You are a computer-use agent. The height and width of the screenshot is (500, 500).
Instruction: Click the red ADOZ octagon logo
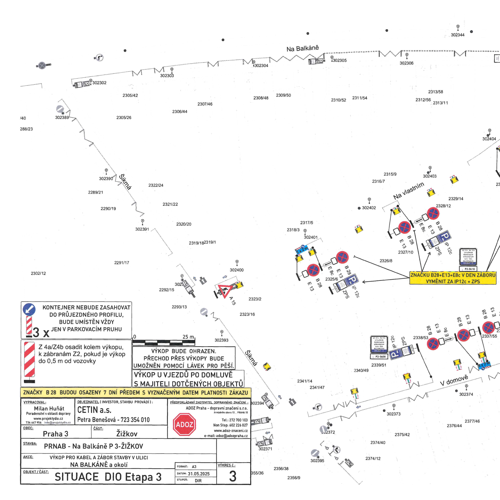tap(184, 425)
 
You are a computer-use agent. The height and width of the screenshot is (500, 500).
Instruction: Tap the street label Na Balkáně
tap(302, 48)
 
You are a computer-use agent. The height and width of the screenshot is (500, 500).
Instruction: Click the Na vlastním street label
tap(408, 191)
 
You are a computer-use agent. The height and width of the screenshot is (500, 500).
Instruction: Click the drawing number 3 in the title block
tap(233, 476)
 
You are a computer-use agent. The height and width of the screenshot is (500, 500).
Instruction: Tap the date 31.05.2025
tap(199, 474)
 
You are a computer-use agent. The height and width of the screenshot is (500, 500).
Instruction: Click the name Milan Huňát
tap(49, 408)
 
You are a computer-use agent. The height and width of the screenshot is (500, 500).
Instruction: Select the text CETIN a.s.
tap(94, 410)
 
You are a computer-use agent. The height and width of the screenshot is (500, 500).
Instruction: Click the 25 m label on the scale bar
tap(188, 337)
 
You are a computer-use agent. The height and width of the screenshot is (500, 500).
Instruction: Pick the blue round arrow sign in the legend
tap(29, 309)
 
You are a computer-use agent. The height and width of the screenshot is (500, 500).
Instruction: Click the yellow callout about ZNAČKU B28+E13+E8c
tap(453, 278)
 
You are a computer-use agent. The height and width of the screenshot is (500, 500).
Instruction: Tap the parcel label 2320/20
tap(184, 224)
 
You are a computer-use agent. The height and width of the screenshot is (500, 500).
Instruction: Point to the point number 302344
tap(458, 35)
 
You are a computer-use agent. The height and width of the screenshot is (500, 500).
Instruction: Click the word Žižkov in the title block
tap(127, 434)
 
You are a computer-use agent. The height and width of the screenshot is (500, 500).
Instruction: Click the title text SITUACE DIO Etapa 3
tap(108, 477)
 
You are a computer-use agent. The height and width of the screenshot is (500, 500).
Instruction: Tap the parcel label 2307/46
tap(205, 104)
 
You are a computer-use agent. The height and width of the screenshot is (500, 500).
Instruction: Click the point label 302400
tap(237, 270)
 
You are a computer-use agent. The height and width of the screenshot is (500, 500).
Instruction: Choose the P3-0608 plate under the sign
tap(380, 357)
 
